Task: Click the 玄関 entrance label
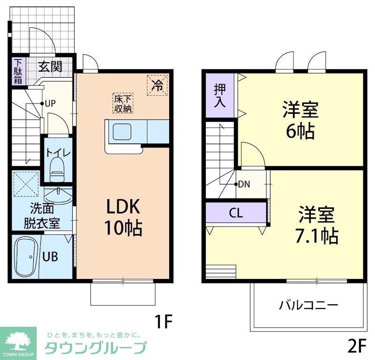click(50, 66)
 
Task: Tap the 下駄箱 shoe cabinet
click(18, 71)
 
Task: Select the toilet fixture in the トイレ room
click(57, 169)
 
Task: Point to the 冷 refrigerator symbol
click(158, 85)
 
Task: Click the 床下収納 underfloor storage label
click(123, 103)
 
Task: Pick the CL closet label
click(236, 213)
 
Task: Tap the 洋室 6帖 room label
click(300, 121)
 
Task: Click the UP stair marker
click(49, 103)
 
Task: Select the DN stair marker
click(243, 184)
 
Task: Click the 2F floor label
click(356, 346)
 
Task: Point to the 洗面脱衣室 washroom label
click(42, 215)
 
